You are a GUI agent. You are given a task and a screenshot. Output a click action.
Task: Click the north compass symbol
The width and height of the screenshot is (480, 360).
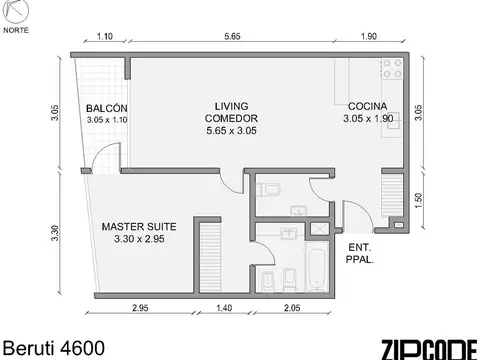[16, 13]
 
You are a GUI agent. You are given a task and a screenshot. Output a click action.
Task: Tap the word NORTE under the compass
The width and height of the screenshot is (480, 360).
[16, 31]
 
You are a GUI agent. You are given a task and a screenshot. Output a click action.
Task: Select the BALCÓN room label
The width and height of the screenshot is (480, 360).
[105, 109]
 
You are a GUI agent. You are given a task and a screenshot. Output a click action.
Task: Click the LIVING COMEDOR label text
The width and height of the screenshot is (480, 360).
[234, 112]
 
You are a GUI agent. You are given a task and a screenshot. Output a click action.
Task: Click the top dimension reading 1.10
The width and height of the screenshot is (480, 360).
[104, 37]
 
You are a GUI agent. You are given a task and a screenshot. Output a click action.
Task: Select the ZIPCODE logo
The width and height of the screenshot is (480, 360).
[428, 348]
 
